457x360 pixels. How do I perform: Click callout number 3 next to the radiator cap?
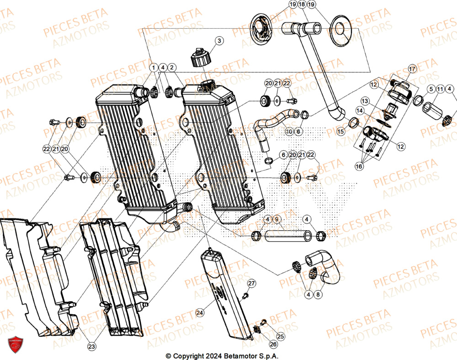pos(219,41)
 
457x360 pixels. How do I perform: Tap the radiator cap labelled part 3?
pos(200,57)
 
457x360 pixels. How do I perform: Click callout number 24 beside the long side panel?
pos(200,313)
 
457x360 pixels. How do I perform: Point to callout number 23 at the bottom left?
pos(91,347)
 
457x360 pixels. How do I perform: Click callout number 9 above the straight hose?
pos(276,219)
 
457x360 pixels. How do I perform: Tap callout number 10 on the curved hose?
pos(289,132)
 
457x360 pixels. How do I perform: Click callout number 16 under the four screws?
pos(359,167)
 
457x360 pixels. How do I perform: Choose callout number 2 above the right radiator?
pos(172,68)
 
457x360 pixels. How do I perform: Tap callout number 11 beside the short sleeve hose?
pos(440,89)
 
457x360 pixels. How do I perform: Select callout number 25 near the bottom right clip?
pos(280,337)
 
